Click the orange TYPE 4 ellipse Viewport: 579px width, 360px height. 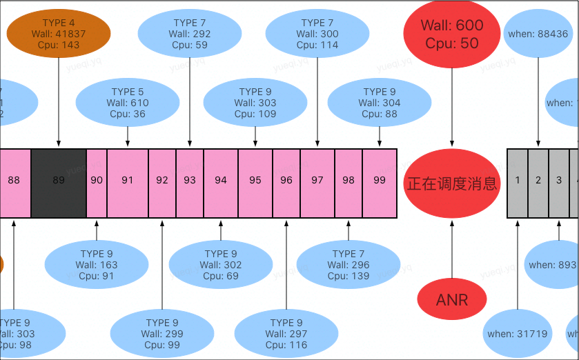tap(59, 34)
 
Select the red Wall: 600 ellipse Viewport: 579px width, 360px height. tap(452, 34)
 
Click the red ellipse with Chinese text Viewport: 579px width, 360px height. tap(452, 183)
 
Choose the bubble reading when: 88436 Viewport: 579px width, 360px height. tap(538, 34)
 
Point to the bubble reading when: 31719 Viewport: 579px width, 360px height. tap(518, 334)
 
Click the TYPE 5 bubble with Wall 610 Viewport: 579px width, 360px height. tap(128, 103)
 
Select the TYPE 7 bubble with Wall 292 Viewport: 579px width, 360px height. tap(190, 34)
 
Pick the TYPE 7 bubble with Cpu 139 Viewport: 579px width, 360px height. tap(349, 265)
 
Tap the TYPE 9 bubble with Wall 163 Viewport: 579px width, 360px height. tap(97, 265)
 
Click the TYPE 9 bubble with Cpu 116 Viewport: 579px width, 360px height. tap(286, 334)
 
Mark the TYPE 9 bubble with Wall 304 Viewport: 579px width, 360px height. tap(380, 103)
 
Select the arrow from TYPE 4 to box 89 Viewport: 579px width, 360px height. tap(59, 103)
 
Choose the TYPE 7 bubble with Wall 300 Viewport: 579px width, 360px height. tap(317, 34)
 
